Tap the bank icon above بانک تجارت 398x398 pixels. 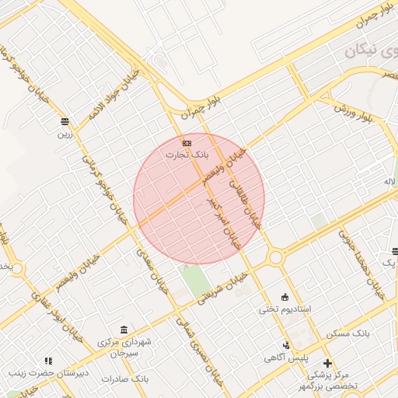click(187, 143)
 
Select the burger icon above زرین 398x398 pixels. click(65, 121)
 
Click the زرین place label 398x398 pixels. click(63, 133)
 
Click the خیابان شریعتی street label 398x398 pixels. click(222, 285)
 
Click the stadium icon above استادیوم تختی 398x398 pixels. click(285, 297)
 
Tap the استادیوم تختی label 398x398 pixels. click(285, 309)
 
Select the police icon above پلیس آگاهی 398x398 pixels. click(286, 345)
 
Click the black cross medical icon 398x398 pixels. click(327, 363)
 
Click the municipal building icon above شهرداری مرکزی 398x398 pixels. click(124, 330)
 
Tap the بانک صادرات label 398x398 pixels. click(129, 379)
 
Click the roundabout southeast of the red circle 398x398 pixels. click(275, 257)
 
